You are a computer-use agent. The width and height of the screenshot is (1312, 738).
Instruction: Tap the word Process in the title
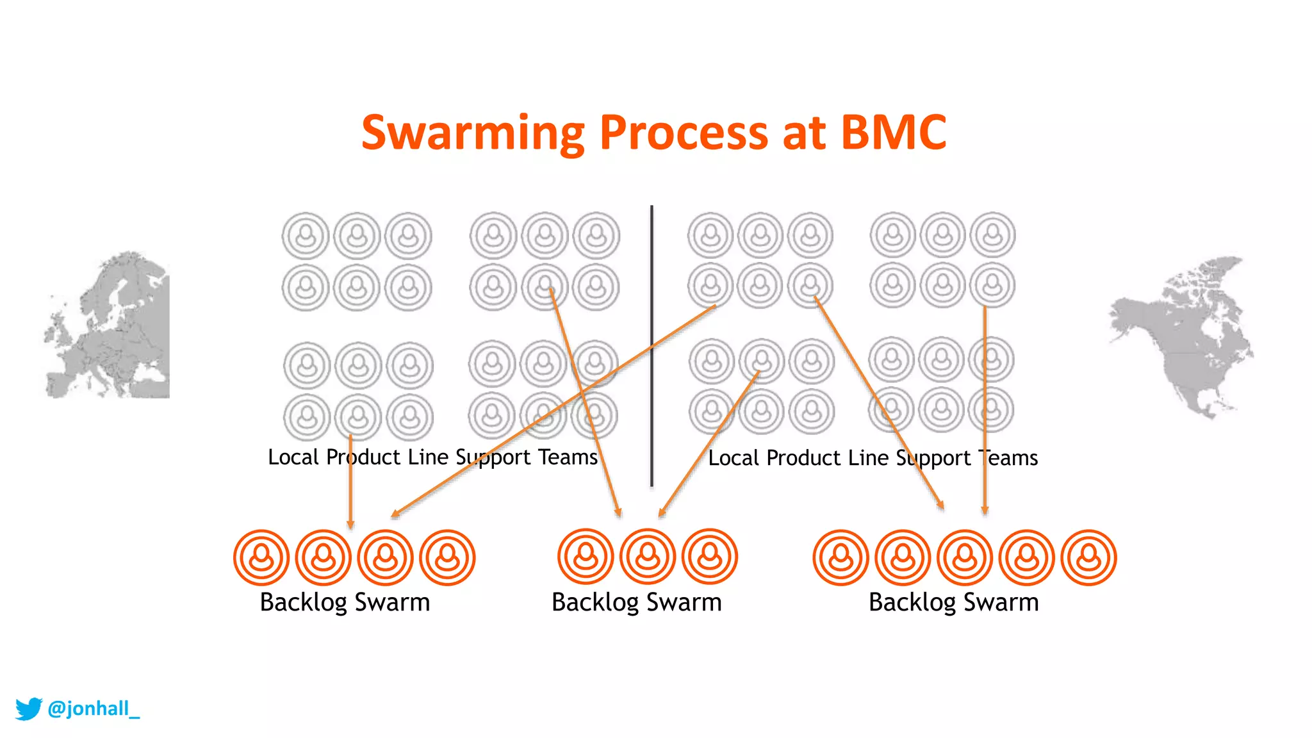pyautogui.click(x=683, y=133)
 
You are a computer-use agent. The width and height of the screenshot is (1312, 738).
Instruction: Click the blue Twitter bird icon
pyautogui.click(x=28, y=709)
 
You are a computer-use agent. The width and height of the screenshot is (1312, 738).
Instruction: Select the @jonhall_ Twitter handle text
pyautogui.click(x=94, y=709)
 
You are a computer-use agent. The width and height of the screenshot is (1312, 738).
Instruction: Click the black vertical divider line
pyautogui.click(x=652, y=346)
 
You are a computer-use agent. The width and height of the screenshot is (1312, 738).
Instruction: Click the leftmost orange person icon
pyautogui.click(x=261, y=557)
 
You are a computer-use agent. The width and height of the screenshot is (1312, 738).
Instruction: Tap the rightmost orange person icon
pyautogui.click(x=1088, y=557)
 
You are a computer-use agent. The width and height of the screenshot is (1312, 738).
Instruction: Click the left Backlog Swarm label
pyautogui.click(x=345, y=603)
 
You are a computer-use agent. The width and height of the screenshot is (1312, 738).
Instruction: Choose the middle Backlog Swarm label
pyautogui.click(x=637, y=603)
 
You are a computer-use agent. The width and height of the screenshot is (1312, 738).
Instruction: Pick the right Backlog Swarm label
pyautogui.click(x=953, y=603)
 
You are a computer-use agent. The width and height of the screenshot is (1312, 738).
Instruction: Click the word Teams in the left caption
pyautogui.click(x=568, y=457)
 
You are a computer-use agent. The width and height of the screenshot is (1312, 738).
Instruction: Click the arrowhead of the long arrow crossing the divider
pyautogui.click(x=395, y=514)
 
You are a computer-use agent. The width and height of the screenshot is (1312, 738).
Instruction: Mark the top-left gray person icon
pyautogui.click(x=306, y=236)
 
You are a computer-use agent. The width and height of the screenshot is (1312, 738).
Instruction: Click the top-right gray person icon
pyautogui.click(x=992, y=234)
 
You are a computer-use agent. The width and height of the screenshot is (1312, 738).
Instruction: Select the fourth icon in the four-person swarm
pyautogui.click(x=447, y=557)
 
